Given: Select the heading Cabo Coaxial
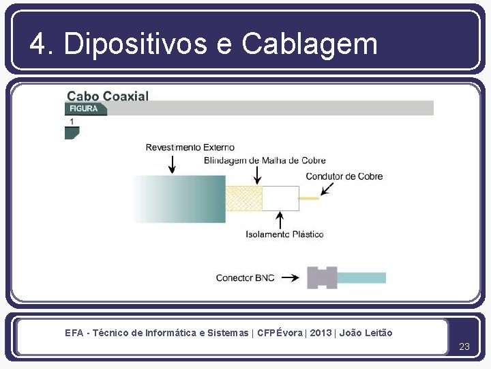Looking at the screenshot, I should click(x=107, y=96).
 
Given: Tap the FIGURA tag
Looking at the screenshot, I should click(x=84, y=109).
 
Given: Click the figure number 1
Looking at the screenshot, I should click(x=72, y=122).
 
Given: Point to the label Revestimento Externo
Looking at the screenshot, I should click(x=190, y=147).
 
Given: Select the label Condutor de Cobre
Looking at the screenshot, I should click(x=344, y=176).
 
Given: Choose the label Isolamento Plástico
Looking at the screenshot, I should click(x=284, y=234).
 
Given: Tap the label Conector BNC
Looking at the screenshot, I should click(x=245, y=278).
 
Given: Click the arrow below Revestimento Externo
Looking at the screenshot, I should click(x=172, y=164).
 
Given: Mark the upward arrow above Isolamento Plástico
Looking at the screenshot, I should click(x=279, y=219).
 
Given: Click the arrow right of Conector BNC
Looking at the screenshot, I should click(x=290, y=278).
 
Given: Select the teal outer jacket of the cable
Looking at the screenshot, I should click(x=181, y=198).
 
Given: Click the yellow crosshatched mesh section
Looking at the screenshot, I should click(x=243, y=198).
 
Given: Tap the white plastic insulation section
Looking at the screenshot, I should click(x=280, y=198).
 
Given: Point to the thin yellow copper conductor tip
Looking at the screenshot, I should click(x=309, y=198).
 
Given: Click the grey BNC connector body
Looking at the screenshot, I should click(x=322, y=277).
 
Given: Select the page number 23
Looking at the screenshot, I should click(x=464, y=346).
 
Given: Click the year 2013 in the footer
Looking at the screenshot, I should click(x=321, y=333).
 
